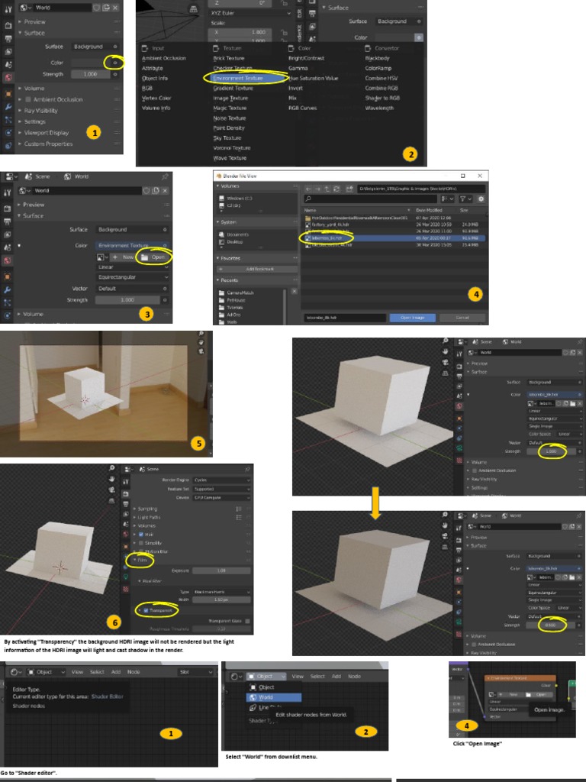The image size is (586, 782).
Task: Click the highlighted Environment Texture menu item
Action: pyautogui.click(x=239, y=78)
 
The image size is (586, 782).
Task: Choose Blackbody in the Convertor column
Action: pyautogui.click(x=377, y=58)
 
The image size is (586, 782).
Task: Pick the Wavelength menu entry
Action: pyautogui.click(x=379, y=108)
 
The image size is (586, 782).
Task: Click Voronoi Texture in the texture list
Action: pyautogui.click(x=232, y=148)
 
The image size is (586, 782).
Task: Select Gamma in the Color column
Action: pyautogui.click(x=298, y=68)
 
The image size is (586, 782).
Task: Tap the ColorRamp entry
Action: pyautogui.click(x=378, y=68)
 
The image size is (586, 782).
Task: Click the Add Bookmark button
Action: pyautogui.click(x=256, y=270)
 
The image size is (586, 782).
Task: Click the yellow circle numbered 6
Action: pyautogui.click(x=114, y=622)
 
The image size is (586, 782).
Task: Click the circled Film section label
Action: pyautogui.click(x=141, y=560)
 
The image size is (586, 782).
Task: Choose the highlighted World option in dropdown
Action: pyautogui.click(x=266, y=697)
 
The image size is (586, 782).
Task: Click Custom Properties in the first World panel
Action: pyautogui.click(x=49, y=144)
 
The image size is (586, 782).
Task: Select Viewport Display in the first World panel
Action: pyautogui.click(x=46, y=133)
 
